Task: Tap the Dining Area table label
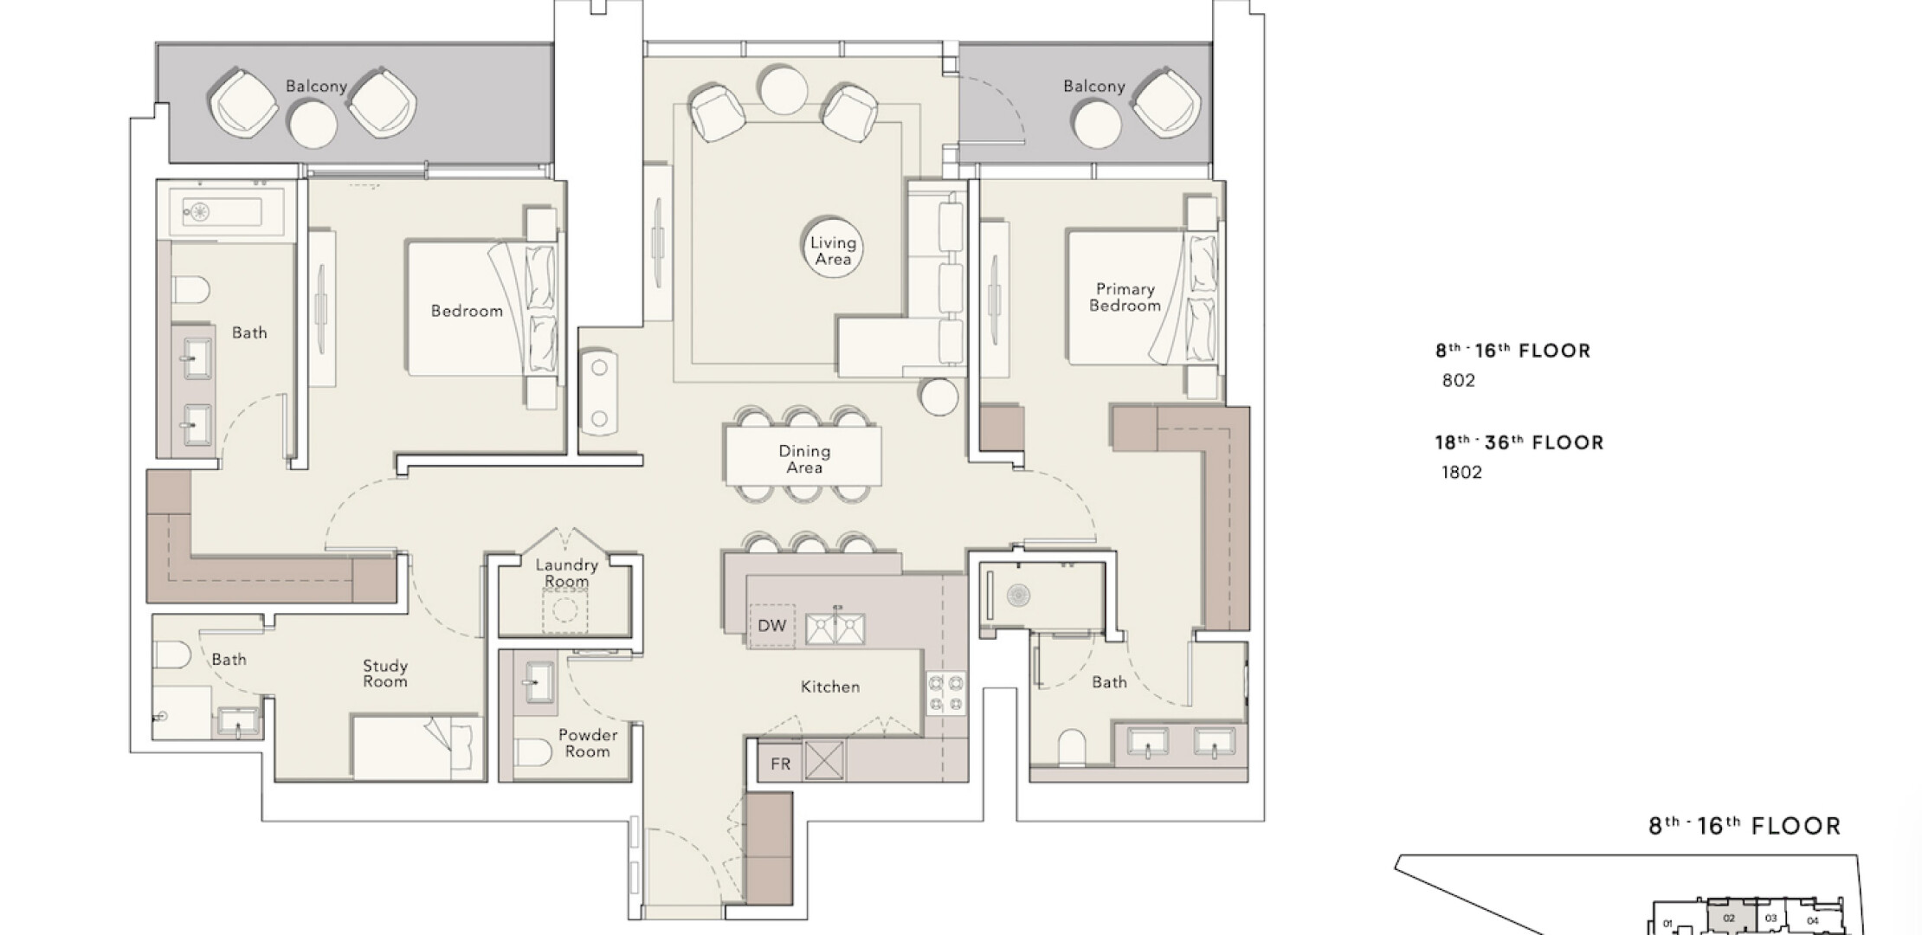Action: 804,459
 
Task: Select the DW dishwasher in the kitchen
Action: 771,625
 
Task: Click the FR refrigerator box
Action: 780,762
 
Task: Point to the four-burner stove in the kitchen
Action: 945,693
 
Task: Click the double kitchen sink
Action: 835,629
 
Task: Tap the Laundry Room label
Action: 566,573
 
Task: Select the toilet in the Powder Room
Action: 532,751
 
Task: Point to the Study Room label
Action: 385,674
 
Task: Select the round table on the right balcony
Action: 1097,125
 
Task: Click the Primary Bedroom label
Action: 1125,297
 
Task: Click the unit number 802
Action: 1459,381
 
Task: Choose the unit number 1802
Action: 1462,473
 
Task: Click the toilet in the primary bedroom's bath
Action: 1072,746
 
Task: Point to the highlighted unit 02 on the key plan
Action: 1729,919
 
